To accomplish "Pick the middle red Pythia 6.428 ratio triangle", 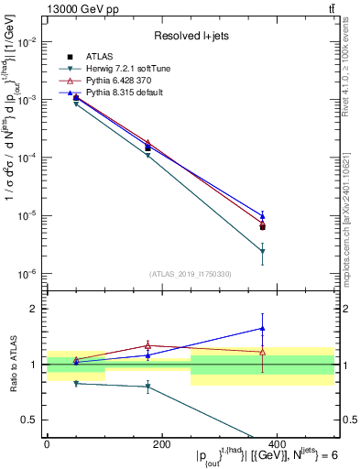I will (x=147, y=345).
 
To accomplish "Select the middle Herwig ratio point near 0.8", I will (x=147, y=387).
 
